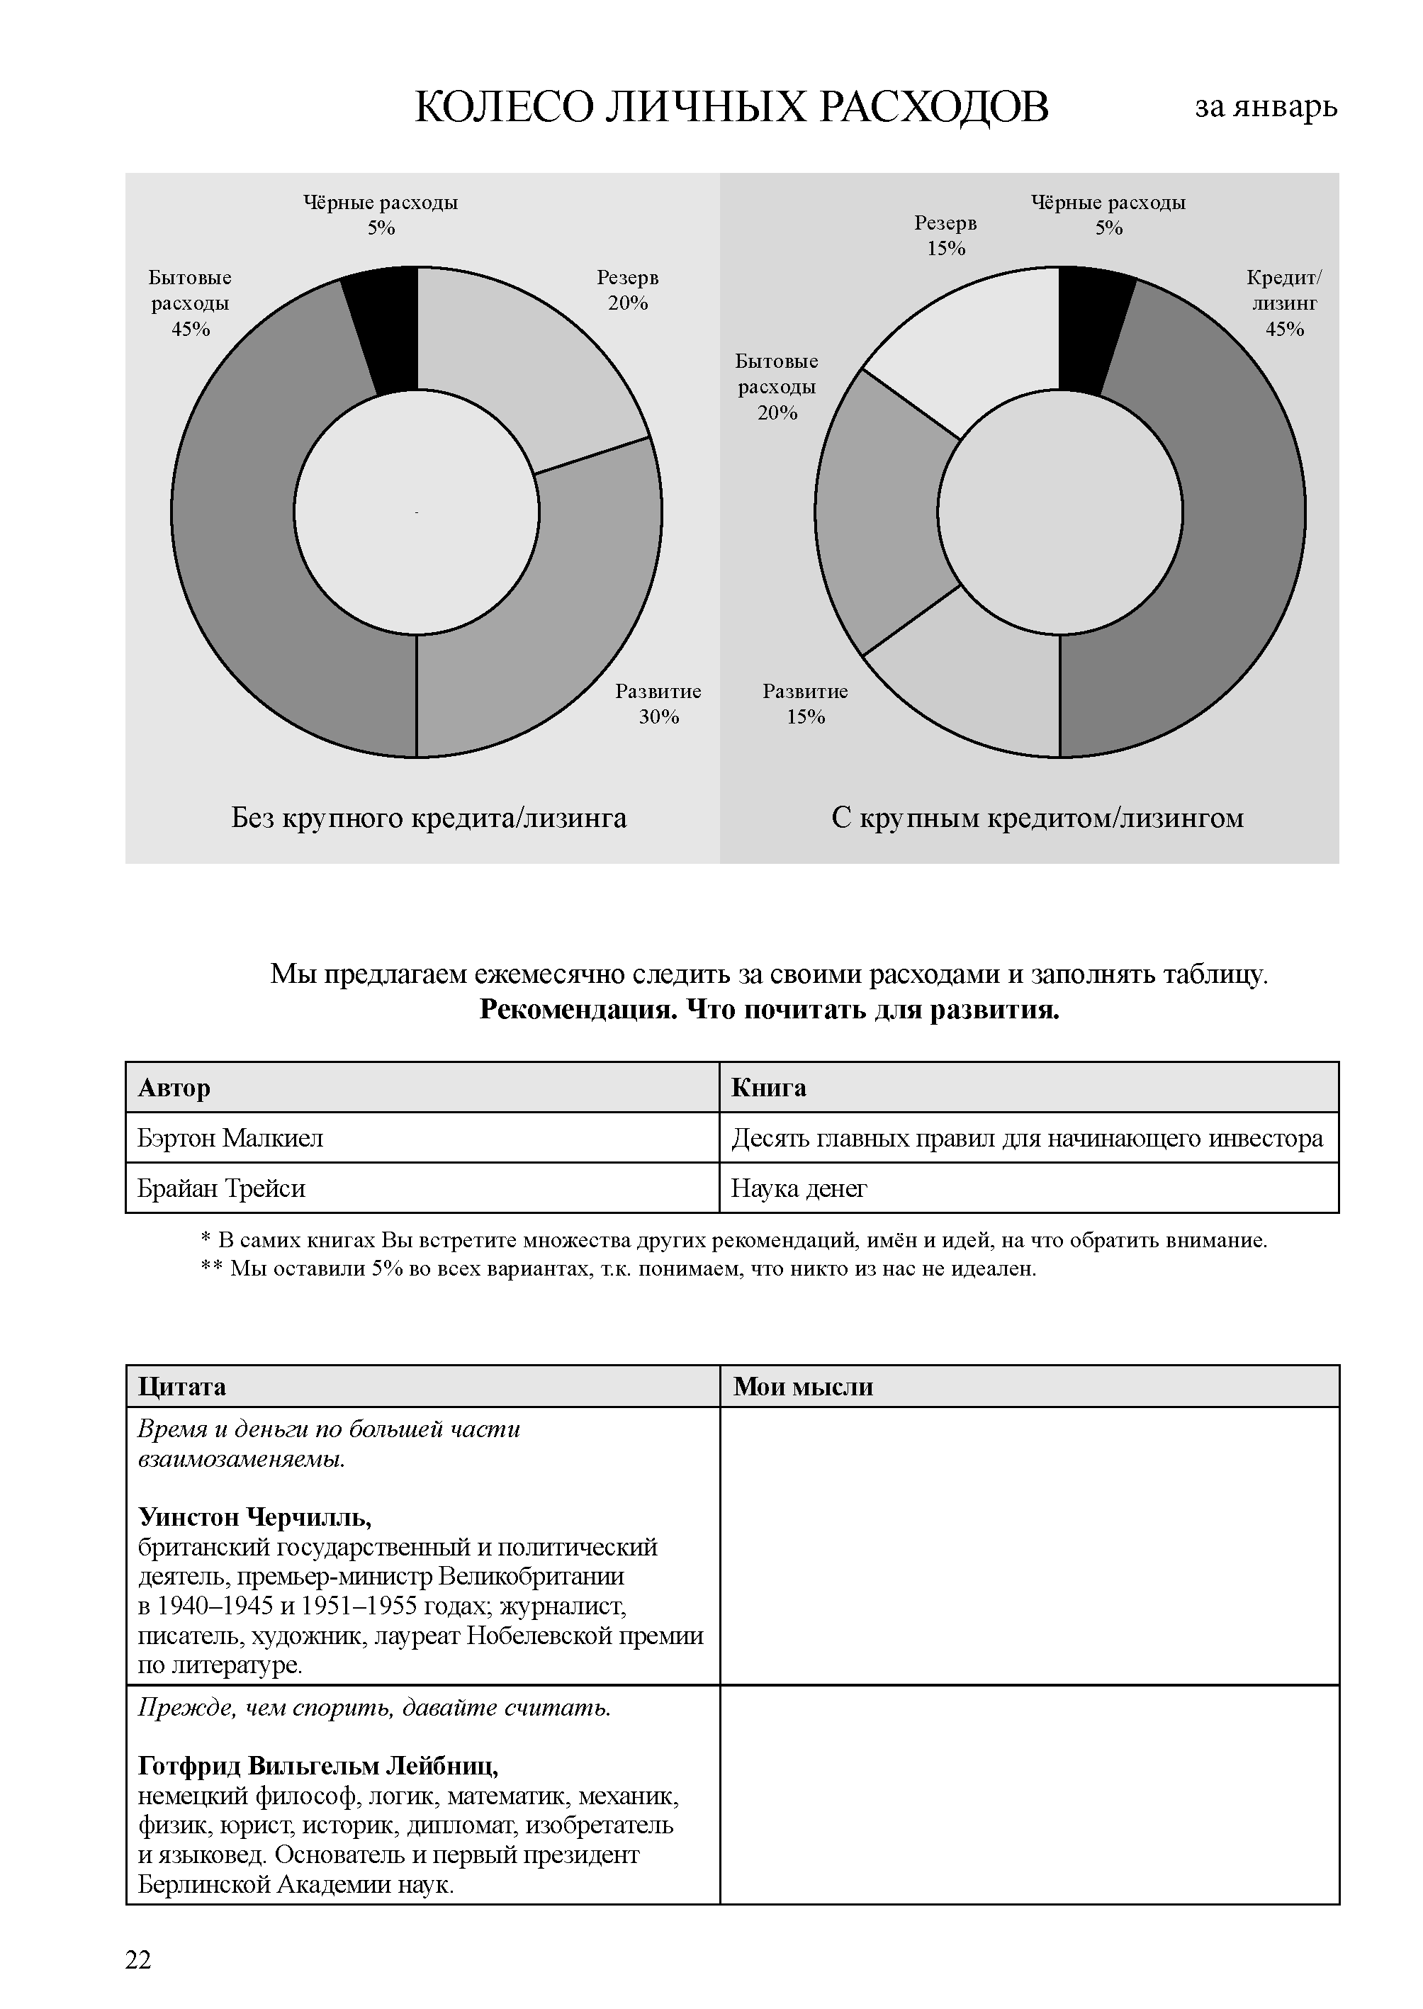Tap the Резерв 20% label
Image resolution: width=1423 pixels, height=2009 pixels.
tap(627, 290)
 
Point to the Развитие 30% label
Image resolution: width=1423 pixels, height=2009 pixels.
tap(658, 704)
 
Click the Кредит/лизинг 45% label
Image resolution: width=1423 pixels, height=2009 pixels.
tap(1283, 303)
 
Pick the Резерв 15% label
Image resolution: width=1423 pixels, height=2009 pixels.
tap(945, 236)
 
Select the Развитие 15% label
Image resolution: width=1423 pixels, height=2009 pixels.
tap(805, 704)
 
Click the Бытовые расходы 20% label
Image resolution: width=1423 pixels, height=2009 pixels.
tap(776, 386)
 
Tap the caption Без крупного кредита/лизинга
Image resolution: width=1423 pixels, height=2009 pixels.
tap(429, 818)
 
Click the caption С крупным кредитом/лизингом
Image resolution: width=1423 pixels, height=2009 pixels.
tap(1037, 818)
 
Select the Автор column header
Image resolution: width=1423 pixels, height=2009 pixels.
tap(174, 1088)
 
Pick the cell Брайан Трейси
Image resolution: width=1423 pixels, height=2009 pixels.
tap(222, 1189)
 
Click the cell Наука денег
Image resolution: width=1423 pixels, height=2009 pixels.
tap(799, 1189)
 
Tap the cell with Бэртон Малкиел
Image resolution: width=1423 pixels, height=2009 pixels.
tap(230, 1138)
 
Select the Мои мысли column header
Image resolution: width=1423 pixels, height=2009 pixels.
tap(803, 1387)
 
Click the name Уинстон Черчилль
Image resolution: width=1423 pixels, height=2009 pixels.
tap(255, 1516)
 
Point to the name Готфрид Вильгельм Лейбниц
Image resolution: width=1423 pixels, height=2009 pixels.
tap(318, 1765)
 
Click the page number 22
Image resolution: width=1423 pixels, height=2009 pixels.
tap(138, 1960)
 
